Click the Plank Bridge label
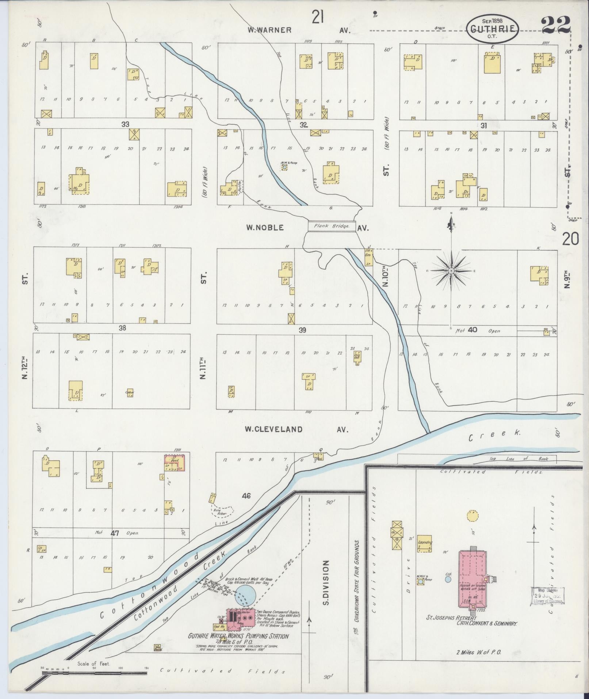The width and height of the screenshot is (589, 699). tap(332, 226)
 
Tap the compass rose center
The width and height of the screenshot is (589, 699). tap(451, 271)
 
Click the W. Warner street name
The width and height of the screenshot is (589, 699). tap(269, 30)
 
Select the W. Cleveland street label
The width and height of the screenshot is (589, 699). tap(274, 429)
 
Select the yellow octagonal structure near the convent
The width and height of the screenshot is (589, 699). tap(472, 516)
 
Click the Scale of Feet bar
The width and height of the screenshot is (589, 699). tap(94, 668)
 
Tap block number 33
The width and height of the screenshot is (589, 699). tap(125, 124)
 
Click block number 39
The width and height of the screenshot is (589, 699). tap(302, 330)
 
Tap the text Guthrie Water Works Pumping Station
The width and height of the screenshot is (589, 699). tap(238, 636)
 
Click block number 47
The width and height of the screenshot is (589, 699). tap(115, 533)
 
